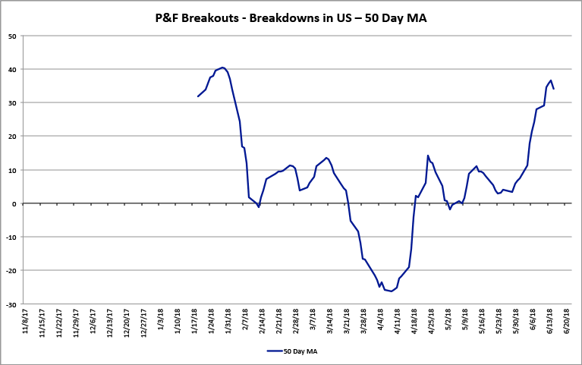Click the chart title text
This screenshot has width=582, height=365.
291,17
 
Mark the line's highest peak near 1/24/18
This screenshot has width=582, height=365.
222,68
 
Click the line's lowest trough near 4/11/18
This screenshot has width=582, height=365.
392,291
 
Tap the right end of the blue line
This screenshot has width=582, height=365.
553,89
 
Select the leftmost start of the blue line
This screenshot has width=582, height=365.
198,96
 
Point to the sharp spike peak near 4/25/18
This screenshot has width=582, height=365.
428,156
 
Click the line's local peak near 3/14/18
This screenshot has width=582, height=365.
326,158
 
